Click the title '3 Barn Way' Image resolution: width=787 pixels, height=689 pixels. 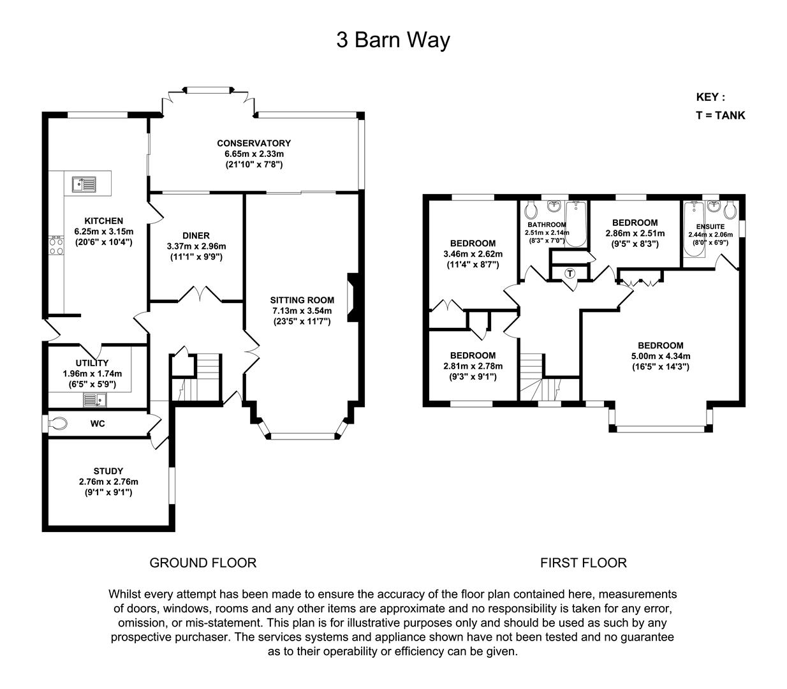pos(393,40)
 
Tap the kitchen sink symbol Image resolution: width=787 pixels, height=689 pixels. pos(84,184)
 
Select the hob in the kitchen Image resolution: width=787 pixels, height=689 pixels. pos(56,246)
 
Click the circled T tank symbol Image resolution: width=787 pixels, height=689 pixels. pos(570,273)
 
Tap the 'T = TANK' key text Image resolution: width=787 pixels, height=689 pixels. pos(720,115)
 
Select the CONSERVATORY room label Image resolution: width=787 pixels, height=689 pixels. pos(253,144)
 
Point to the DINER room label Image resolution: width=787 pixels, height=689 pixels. pos(196,235)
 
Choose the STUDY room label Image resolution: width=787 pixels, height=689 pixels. pos(108,471)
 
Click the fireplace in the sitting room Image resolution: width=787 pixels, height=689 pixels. pos(350,297)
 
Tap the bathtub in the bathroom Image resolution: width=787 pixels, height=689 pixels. pos(576,224)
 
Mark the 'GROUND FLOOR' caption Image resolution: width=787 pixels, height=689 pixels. pos(203,563)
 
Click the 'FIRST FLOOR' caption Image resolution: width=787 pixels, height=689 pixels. pos(583,563)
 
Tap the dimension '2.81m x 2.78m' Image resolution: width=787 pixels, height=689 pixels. pos(473,366)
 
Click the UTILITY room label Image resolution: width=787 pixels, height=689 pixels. pos(92,363)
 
